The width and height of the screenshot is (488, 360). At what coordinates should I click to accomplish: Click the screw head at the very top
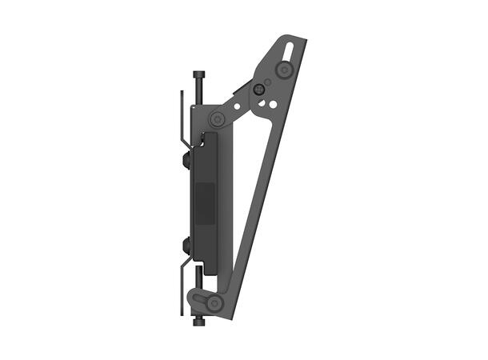(198, 74)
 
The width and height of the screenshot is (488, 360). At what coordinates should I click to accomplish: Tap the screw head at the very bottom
(198, 322)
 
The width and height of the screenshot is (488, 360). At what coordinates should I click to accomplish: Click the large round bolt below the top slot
(282, 70)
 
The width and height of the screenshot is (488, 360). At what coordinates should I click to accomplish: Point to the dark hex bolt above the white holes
(259, 90)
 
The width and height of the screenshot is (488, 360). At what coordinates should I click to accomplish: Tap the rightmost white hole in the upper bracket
(274, 104)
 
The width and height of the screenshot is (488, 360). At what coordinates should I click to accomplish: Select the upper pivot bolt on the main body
(217, 118)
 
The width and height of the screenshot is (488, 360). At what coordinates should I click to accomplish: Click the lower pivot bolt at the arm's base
(214, 302)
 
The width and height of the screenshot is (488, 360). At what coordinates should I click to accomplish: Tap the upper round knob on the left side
(186, 161)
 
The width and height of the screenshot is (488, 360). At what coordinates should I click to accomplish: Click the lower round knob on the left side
(186, 243)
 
